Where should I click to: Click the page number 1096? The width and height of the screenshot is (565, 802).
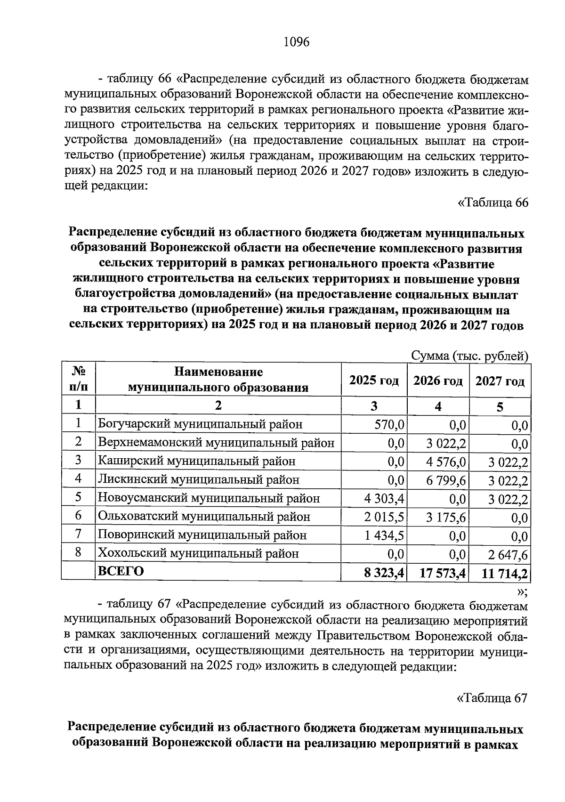(296, 42)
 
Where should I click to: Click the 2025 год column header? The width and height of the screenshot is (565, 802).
(374, 381)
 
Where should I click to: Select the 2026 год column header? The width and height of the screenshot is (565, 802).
(438, 381)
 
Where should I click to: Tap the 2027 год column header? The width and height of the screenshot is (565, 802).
(500, 381)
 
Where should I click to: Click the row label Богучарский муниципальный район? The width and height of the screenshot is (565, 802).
(200, 424)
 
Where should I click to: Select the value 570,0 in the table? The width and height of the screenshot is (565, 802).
(389, 425)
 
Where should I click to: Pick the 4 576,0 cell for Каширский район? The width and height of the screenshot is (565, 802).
(446, 462)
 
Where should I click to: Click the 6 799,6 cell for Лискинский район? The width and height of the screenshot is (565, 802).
(446, 480)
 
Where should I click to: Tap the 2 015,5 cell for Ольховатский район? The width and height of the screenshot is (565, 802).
(384, 517)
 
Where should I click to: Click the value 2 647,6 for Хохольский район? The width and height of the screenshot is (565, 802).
(508, 554)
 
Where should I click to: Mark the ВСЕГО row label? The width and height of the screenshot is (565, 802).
(120, 572)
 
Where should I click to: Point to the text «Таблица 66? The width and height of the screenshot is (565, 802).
(493, 203)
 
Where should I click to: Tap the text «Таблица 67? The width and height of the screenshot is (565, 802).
(492, 697)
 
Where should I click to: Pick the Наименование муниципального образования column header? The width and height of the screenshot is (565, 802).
(218, 380)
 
